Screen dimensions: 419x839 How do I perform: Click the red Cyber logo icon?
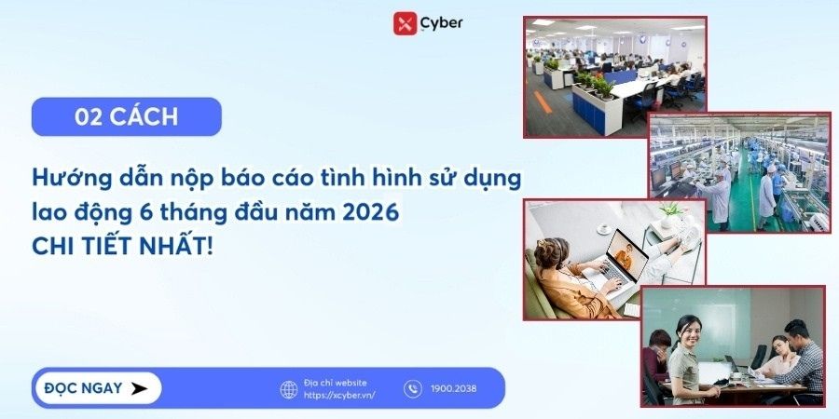pyautogui.click(x=405, y=23)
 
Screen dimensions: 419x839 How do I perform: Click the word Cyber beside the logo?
pyautogui.click(x=441, y=22)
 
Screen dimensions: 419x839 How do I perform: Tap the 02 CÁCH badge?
pyautogui.click(x=126, y=117)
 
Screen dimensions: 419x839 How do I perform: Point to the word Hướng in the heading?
pyautogui.click(x=67, y=176)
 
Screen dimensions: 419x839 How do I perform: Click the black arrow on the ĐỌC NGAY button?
pyautogui.click(x=139, y=388)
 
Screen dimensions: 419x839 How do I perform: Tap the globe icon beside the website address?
pyautogui.click(x=289, y=389)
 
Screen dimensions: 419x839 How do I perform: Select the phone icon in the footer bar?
pyautogui.click(x=413, y=389)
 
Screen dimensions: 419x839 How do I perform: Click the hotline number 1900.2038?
pyautogui.click(x=453, y=389)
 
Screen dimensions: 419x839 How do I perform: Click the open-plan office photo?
pyautogui.click(x=614, y=76)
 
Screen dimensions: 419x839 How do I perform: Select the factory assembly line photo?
pyautogui.click(x=739, y=173)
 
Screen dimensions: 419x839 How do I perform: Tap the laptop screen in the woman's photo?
pyautogui.click(x=626, y=254)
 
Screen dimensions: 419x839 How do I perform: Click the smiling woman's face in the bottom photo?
pyautogui.click(x=689, y=331)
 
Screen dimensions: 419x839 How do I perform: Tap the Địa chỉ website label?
pyautogui.click(x=336, y=382)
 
